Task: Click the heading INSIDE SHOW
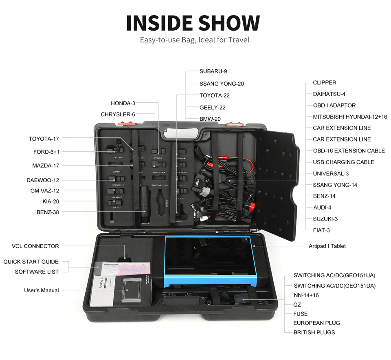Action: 193,23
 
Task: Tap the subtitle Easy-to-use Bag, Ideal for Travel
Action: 194,40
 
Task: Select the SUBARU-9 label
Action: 213,71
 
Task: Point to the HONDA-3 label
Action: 123,103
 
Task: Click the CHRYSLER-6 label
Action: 118,115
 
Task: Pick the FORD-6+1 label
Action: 46,152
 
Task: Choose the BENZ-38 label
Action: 48,212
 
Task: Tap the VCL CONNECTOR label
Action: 35,246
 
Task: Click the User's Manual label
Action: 41,291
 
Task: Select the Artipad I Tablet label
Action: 327,246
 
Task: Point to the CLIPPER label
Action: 325,83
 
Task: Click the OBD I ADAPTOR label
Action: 334,106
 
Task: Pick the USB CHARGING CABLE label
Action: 343,162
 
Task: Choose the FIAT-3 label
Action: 321,230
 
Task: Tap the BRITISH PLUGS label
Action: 314,332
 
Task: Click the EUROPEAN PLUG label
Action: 316,323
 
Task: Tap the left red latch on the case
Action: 123,123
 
